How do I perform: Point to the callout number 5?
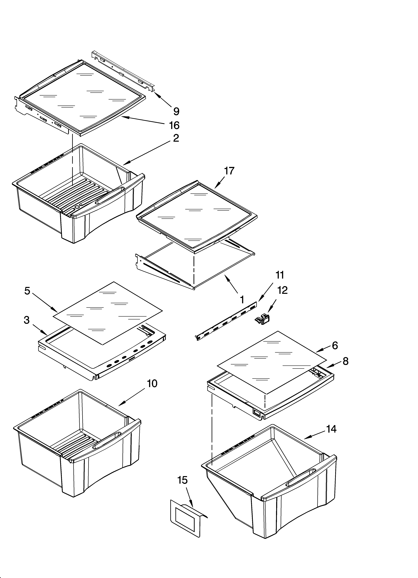click(27, 291)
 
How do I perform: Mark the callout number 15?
click(183, 480)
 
